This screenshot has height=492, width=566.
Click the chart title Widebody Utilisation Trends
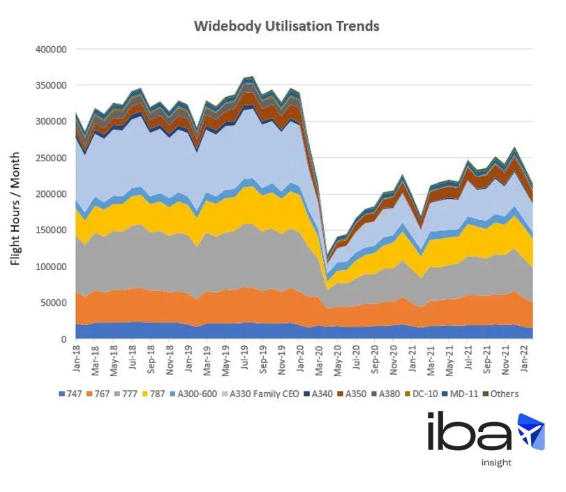tap(286, 26)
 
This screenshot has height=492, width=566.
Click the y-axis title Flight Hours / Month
tap(15, 209)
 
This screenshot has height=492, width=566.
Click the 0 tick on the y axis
tap(64, 339)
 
